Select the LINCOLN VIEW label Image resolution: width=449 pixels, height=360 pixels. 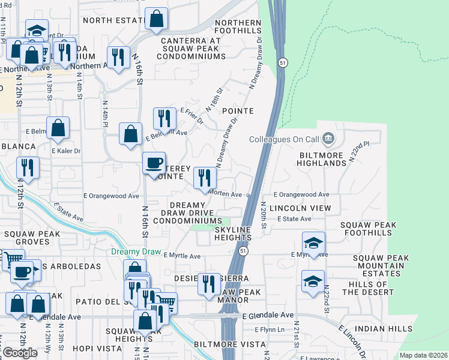click(x=300, y=207)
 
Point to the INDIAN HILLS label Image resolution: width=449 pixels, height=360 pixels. click(x=383, y=329)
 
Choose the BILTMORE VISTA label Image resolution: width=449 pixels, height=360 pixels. click(x=230, y=344)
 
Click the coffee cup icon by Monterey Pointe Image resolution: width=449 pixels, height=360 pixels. click(x=154, y=163)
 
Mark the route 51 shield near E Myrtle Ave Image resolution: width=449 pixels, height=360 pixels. click(x=243, y=250)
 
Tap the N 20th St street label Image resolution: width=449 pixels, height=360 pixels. click(x=263, y=215)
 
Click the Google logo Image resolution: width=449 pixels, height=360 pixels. click(x=19, y=352)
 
